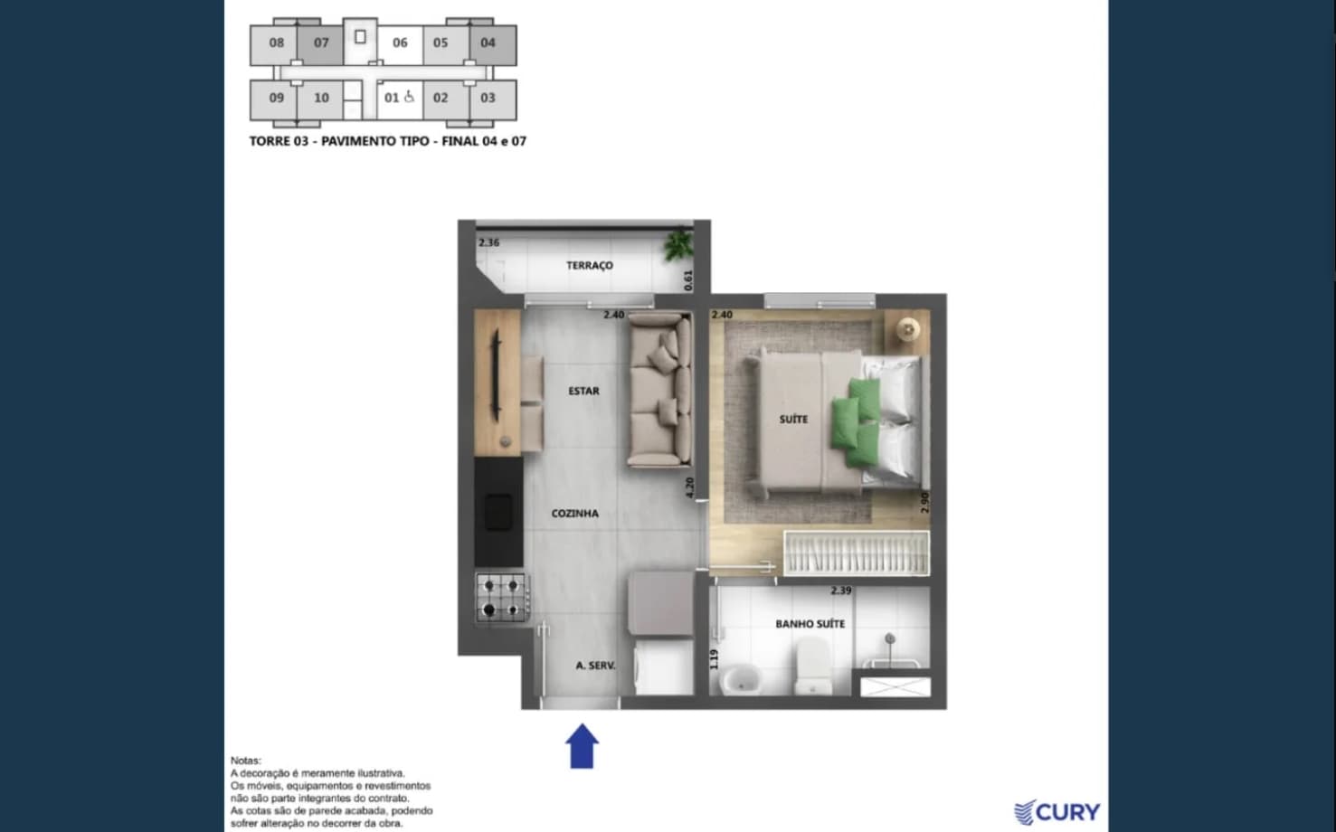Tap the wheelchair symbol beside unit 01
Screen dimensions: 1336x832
(409, 97)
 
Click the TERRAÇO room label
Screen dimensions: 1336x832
(589, 265)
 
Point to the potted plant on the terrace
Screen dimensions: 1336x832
(678, 244)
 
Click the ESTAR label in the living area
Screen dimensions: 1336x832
(583, 392)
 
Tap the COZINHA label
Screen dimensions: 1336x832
(574, 514)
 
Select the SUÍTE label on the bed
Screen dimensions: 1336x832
(793, 420)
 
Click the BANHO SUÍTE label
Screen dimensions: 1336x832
(810, 624)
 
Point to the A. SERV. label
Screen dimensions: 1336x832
(595, 666)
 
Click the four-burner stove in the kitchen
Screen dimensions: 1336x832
(501, 598)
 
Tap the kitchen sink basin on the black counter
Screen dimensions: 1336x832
(498, 512)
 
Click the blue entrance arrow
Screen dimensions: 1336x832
(582, 746)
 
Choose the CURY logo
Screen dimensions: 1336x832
(1056, 812)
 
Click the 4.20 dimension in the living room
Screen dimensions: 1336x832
(690, 487)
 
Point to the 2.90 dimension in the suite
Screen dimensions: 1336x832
(924, 502)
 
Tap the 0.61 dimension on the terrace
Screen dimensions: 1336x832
(688, 280)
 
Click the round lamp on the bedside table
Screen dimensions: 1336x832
(908, 328)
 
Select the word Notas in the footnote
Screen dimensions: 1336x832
(246, 761)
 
